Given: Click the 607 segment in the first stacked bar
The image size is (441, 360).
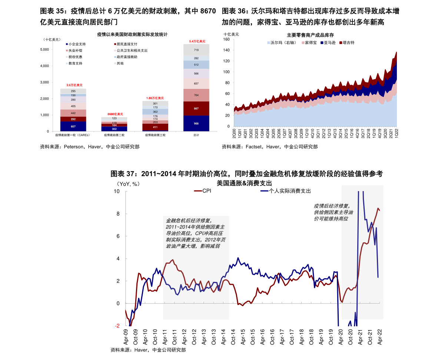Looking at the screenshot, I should [x=73, y=126].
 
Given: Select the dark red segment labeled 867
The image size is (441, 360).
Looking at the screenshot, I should [x=196, y=109].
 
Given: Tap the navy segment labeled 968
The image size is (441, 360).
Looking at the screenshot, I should [x=196, y=123].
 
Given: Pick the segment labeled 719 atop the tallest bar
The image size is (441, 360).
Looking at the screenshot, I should [x=196, y=50].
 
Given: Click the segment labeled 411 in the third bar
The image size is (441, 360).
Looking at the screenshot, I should [x=155, y=127].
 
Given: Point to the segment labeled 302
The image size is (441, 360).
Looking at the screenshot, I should [x=114, y=129].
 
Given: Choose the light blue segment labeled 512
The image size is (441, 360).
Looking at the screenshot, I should [x=196, y=65].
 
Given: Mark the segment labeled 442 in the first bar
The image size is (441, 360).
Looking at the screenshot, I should [x=73, y=113].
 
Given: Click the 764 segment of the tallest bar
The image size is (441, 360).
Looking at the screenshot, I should [x=196, y=95].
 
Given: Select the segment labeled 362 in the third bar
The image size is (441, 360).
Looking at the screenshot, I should [x=155, y=111].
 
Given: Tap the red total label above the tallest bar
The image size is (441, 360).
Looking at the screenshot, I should [x=197, y=41].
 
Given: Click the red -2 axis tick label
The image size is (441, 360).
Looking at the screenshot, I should [x=117, y=326].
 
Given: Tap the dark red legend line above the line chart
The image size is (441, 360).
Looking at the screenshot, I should [x=198, y=191].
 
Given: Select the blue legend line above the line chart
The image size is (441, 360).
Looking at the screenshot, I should [x=264, y=191].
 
